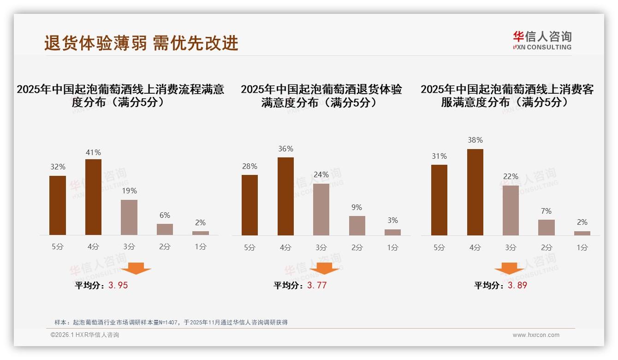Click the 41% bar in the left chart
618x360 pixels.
pos(94,197)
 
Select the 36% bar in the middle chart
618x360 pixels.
pos(285,196)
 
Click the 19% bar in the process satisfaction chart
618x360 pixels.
pos(129,217)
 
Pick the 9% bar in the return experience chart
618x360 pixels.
pos(357,226)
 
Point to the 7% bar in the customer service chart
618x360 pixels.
pos(547,228)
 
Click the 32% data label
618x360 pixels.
pos(58,167)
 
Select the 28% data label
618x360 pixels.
pos(250,166)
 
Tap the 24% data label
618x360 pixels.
pos(321,175)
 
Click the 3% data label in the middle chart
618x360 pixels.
pos(392,221)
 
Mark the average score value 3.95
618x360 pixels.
pos(118,285)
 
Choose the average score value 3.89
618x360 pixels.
pos(517,285)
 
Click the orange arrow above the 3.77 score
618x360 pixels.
pos(324,269)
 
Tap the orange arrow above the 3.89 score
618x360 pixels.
pos(509,269)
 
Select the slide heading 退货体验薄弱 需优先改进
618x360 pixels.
pos(141,43)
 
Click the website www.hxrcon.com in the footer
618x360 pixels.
pos(536,335)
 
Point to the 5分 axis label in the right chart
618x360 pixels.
pos(439,247)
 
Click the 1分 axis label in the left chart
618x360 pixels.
pos(201,247)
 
